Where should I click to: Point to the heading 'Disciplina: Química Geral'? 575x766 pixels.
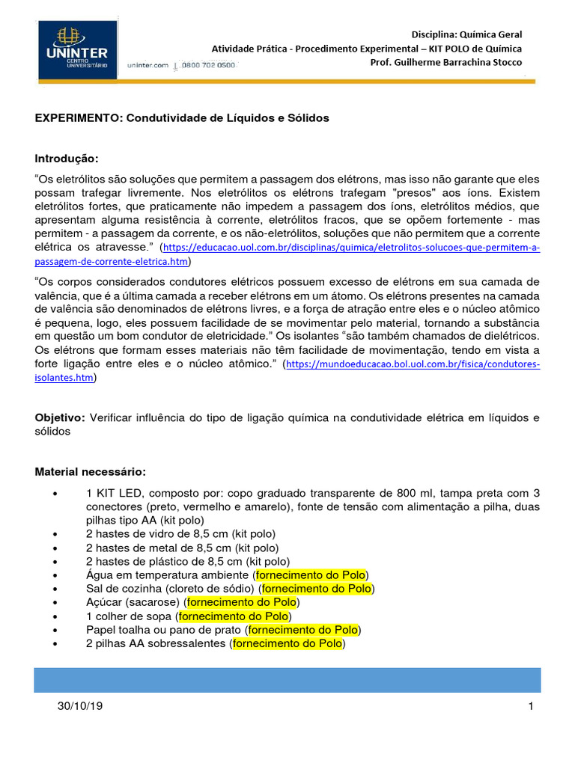[467, 34]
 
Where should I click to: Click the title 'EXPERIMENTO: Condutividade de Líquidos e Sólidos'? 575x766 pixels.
[182, 118]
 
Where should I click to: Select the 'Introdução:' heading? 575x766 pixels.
[67, 159]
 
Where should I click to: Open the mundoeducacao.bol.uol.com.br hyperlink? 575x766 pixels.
[413, 364]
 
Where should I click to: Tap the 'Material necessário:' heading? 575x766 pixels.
[91, 472]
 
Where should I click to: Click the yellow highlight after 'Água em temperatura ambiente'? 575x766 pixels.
[311, 575]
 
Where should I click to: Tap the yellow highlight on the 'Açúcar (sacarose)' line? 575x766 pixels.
[241, 602]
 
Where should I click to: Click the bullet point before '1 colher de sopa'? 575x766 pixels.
[57, 616]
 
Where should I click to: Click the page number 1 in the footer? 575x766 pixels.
[530, 707]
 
